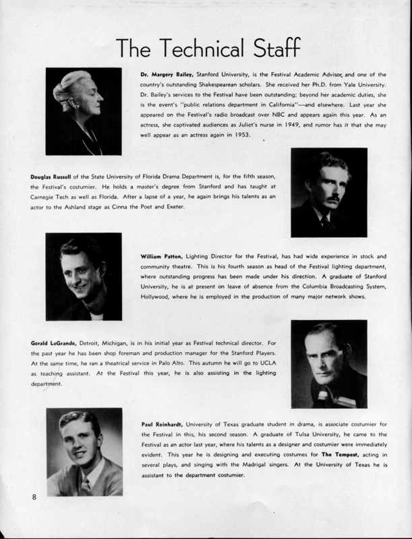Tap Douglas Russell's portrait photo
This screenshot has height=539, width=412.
click(x=328, y=192)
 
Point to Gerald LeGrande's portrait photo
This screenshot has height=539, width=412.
click(x=328, y=364)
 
